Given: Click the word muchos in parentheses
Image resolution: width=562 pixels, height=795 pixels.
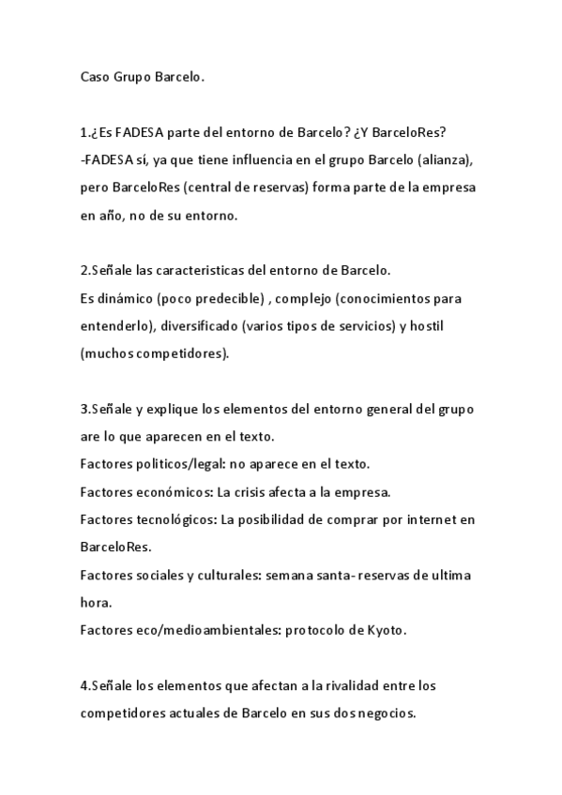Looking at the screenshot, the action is click(109, 353).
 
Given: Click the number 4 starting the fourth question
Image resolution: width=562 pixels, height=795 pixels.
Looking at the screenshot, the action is click(84, 685).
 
